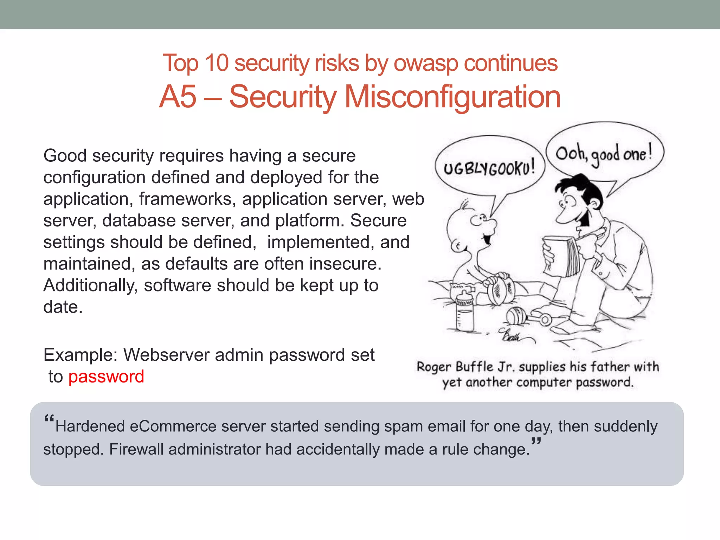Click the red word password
(x=106, y=377)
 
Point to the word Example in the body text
(x=80, y=355)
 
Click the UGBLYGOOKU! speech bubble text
(x=489, y=168)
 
